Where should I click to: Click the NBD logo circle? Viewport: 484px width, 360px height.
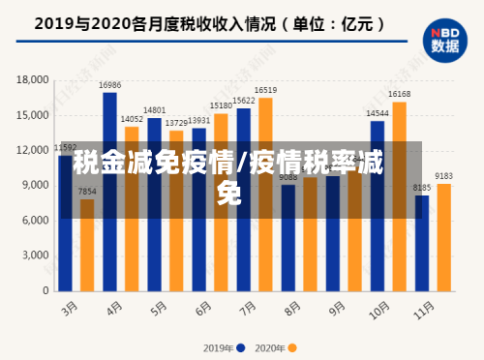click(444, 39)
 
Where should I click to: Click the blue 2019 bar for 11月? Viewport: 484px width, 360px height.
click(422, 242)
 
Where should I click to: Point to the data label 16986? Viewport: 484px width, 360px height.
click(109, 85)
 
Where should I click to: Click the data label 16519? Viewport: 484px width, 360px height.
click(265, 89)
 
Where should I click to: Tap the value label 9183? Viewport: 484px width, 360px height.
click(443, 175)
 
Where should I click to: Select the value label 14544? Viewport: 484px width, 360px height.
click(378, 113)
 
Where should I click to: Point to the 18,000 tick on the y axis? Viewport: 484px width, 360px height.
click(33, 80)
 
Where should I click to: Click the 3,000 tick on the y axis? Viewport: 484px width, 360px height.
click(36, 255)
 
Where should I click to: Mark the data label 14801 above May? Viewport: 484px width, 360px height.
click(154, 110)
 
